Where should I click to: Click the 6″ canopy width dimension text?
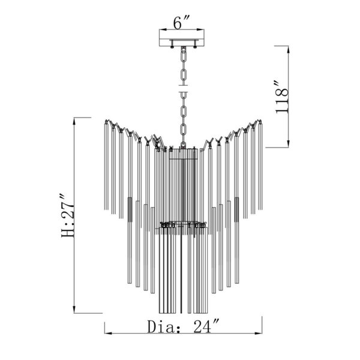coord(181,22)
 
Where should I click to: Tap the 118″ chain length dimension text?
coord(282,97)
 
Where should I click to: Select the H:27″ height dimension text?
coord(68,215)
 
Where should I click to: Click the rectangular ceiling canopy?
coord(182,38)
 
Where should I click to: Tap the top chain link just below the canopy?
coord(184,56)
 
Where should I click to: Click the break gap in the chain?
coord(184,89)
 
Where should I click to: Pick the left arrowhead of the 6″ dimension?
coord(163,29)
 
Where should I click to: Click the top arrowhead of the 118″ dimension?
coord(289,49)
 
